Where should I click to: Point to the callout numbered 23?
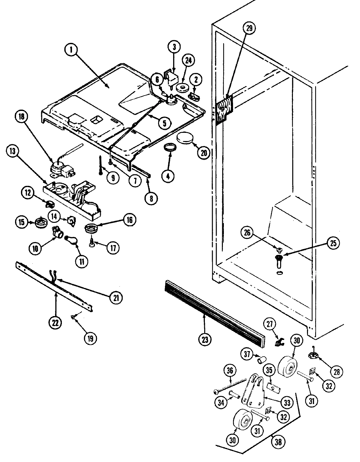click(204, 338)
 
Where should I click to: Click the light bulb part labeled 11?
click(73, 240)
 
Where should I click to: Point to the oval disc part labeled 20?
click(185, 138)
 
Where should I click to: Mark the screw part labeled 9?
click(100, 165)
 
